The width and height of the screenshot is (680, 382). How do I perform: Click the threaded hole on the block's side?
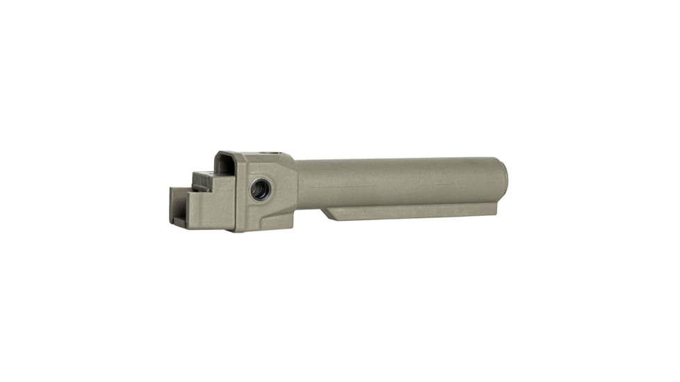pyautogui.click(x=261, y=188)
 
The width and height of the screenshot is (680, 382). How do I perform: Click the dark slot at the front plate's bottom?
pyautogui.click(x=179, y=222)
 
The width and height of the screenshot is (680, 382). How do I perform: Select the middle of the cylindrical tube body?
pyautogui.click(x=400, y=182)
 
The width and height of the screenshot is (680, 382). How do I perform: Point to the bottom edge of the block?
pyautogui.click(x=264, y=230)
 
